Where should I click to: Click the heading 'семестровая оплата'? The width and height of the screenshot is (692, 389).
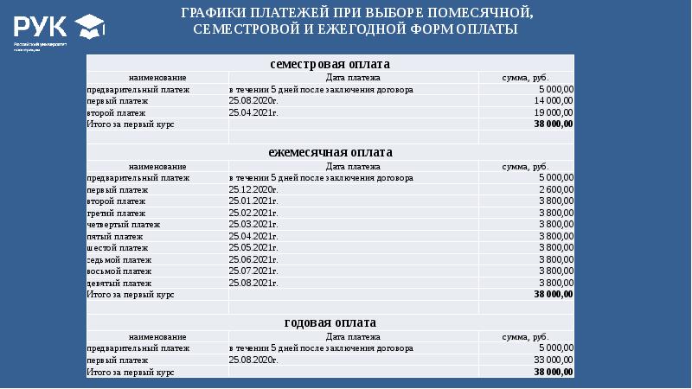pos(330,65)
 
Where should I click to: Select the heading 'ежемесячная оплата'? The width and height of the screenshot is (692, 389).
pos(330,152)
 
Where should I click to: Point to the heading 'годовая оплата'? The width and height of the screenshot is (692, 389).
pos(330,323)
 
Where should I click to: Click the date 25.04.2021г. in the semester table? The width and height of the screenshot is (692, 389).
pos(253,112)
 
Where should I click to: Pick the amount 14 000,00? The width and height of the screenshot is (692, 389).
pos(554,101)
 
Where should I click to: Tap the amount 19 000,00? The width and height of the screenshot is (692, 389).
pos(554,112)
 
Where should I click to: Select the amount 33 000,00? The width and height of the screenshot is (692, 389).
pos(554,359)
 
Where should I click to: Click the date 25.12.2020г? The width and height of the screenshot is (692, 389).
pos(253,189)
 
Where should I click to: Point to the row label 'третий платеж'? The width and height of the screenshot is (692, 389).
pos(117,213)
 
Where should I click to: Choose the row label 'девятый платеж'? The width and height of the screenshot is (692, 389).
pos(119,283)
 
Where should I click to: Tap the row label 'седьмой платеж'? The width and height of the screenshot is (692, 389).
pos(119,259)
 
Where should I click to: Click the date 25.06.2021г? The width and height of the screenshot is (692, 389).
pos(253,259)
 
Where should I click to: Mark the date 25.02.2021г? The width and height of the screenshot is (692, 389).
pos(253,213)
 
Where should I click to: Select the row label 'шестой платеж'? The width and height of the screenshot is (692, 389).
pos(117,248)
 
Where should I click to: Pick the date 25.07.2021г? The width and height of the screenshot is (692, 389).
pos(253,271)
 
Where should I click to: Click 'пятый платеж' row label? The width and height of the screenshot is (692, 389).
pos(114,236)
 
